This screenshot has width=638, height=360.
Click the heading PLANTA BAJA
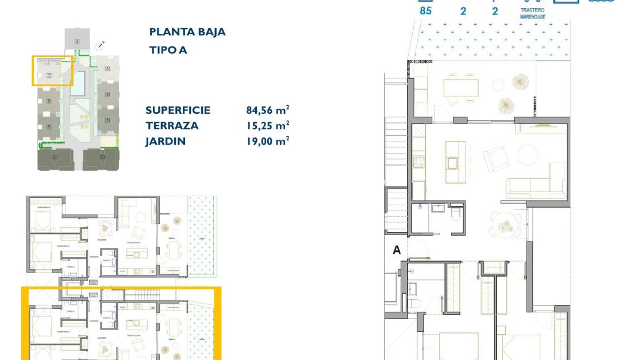[x=187, y=32]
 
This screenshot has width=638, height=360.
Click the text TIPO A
[x=168, y=50]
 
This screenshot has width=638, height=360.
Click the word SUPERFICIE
[x=178, y=110]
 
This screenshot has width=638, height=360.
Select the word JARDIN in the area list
[x=166, y=140]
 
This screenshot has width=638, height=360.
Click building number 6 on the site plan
[x=76, y=41]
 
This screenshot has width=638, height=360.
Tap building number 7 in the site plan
[x=49, y=75]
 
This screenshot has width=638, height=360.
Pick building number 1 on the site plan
[x=54, y=157]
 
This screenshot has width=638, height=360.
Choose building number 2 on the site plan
[x=102, y=157]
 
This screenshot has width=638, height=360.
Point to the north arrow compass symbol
[x=101, y=44]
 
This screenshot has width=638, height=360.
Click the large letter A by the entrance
[x=396, y=250]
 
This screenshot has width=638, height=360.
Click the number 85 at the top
[x=425, y=10]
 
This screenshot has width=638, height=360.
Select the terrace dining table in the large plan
[x=460, y=88]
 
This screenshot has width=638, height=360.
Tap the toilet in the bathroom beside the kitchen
[x=455, y=215]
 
